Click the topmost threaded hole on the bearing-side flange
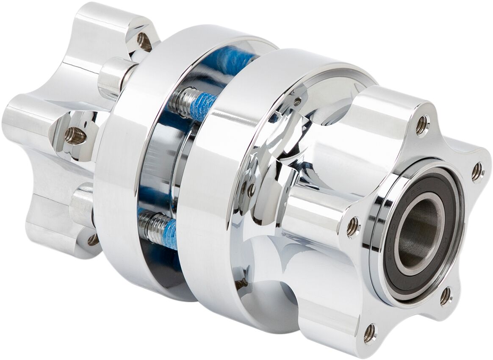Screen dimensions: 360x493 [x=422, y=125]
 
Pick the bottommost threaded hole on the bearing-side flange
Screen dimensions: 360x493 [x=369, y=333]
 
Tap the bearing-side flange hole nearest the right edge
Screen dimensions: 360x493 [x=477, y=172]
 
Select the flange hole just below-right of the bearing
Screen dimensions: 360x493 [x=446, y=296]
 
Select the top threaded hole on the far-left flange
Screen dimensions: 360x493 [x=144, y=41]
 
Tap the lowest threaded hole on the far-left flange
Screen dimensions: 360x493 [x=93, y=240]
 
